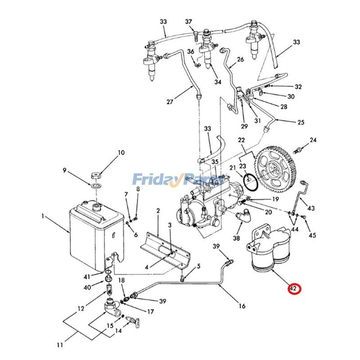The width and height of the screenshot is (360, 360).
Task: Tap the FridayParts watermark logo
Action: click(179, 180)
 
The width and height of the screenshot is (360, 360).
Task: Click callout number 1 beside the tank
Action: click(43, 216)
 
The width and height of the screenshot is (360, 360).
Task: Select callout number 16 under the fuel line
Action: click(242, 306)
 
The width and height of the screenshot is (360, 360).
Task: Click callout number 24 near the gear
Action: click(313, 140)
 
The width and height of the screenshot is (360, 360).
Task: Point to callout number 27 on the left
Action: click(170, 102)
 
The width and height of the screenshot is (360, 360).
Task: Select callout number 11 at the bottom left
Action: click(59, 345)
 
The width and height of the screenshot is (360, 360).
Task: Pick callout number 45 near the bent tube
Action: click(312, 235)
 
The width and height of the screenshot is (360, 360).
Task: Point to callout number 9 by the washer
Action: click(64, 170)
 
